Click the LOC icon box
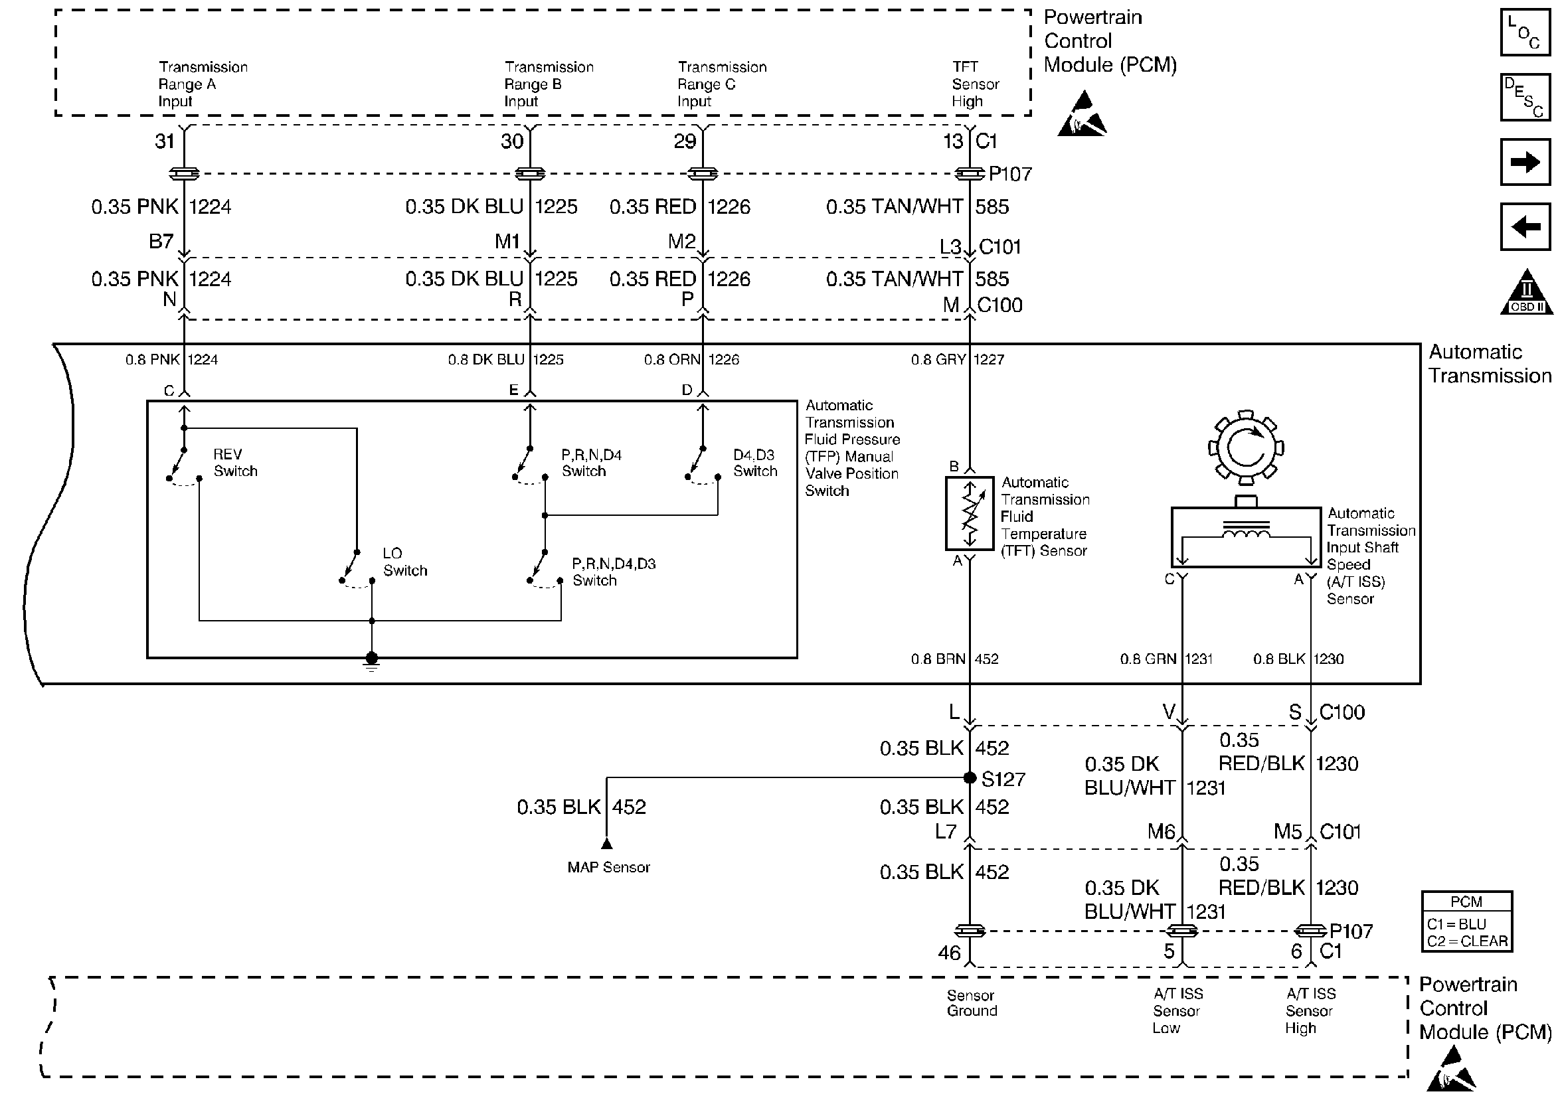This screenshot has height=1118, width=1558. pos(1524,32)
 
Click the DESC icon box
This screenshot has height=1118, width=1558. pos(1524,97)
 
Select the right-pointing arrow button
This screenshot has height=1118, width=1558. pos(1524,162)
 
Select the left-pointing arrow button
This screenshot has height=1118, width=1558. pos(1524,226)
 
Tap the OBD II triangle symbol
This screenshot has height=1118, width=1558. pos(1526,293)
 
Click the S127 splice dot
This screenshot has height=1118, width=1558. pos(970,777)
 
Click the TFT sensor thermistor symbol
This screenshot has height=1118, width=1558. pos(970,513)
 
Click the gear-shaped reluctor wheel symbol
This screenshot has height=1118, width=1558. pos(1245,447)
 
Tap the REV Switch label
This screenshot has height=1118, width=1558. pos(235,463)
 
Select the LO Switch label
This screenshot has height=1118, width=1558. pos(404,562)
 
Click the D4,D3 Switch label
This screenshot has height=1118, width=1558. pos(754,463)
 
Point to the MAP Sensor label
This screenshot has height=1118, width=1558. pos(608,867)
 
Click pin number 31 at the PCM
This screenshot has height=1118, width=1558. pos(165,141)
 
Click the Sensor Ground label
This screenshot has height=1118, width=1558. pos(972,1002)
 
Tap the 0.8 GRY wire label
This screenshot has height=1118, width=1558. pos(938,359)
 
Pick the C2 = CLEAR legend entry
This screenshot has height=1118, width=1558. pos(1466,941)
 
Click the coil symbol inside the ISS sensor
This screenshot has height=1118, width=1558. pos(1245,532)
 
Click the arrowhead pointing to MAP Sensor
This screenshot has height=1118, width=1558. pos(606,843)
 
